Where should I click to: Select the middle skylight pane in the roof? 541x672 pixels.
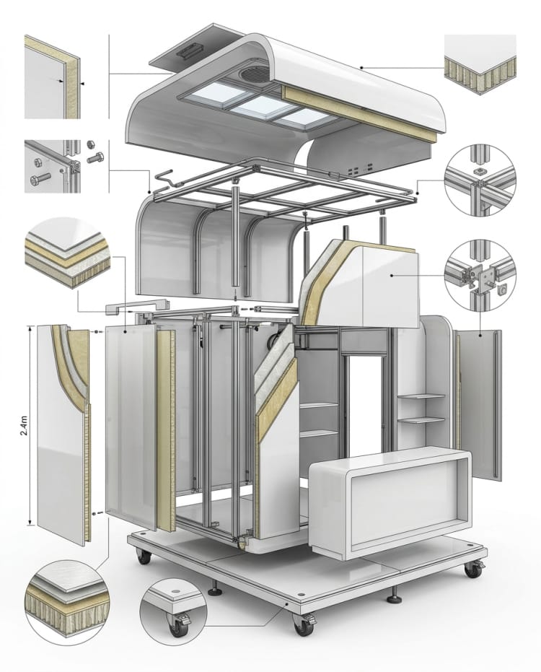[x=262, y=108]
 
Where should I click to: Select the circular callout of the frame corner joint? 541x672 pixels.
[x=478, y=180]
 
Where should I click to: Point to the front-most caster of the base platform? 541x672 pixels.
[x=304, y=624]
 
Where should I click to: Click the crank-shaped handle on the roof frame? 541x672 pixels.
[x=164, y=178]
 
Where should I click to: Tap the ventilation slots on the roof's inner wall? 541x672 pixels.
[x=354, y=171]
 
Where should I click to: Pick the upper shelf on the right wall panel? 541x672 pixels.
[x=423, y=396]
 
